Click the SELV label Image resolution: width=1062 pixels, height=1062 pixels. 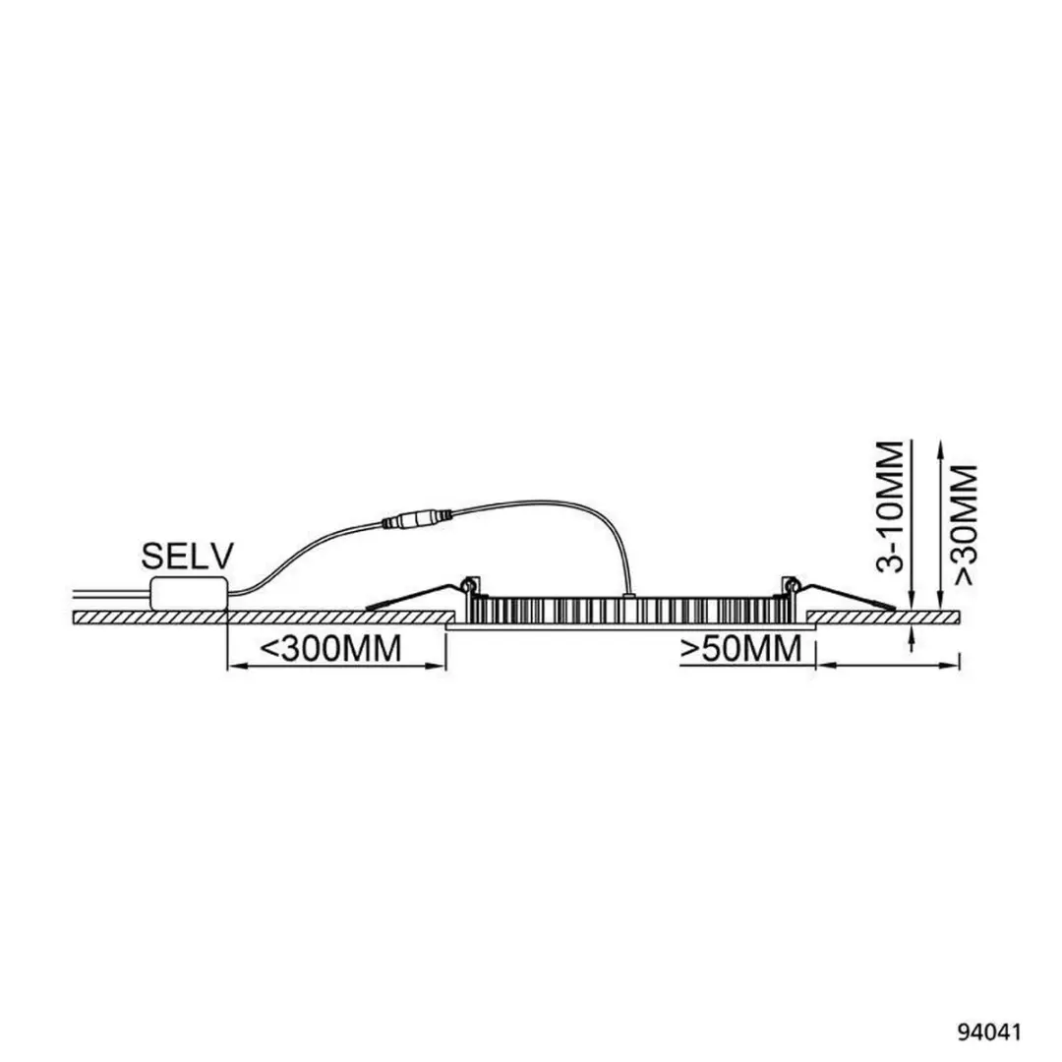tap(187, 557)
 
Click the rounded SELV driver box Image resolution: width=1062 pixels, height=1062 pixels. tap(189, 592)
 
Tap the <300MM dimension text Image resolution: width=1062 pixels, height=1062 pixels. tap(331, 648)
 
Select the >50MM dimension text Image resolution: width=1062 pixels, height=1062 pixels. tap(741, 648)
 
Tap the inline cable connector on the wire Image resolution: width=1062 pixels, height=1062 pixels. tap(417, 521)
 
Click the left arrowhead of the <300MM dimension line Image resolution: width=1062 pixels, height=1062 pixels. tap(234, 667)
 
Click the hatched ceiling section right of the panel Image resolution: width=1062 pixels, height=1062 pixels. tap(884, 617)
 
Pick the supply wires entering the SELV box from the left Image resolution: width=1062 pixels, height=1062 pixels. tap(111, 593)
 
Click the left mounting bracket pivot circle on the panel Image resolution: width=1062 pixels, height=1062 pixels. tap(467, 582)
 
